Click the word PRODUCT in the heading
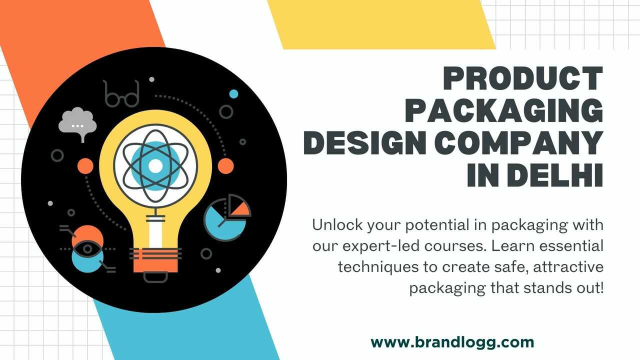pos(523,78)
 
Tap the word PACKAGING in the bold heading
pos(504,110)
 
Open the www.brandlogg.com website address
pos(452,342)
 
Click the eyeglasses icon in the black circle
pos(121,94)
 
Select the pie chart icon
pos(227,217)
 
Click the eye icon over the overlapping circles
pos(87,249)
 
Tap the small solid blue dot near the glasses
pos(233,94)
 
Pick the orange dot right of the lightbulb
pos(225,166)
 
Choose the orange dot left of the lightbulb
pos(85,166)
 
